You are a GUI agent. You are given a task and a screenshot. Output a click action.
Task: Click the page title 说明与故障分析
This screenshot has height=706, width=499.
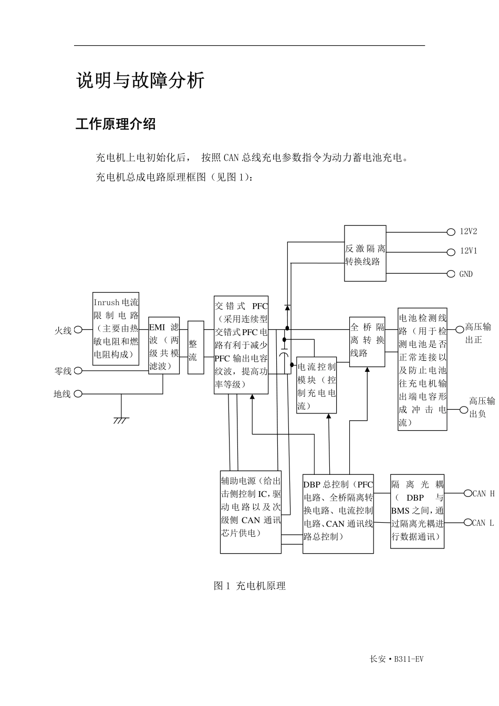click(x=140, y=81)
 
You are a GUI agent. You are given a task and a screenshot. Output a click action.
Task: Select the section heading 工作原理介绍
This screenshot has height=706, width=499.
click(x=116, y=124)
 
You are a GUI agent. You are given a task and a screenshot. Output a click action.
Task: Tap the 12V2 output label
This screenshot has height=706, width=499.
click(x=469, y=231)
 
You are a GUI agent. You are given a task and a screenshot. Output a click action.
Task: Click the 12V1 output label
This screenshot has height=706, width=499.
click(x=469, y=251)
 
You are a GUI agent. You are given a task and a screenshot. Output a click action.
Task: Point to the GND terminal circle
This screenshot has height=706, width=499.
click(x=451, y=274)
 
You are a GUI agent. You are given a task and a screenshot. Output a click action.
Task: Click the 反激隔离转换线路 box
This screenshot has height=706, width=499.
click(x=365, y=255)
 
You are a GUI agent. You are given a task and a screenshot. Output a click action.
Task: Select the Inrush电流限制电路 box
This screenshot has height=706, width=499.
click(x=116, y=329)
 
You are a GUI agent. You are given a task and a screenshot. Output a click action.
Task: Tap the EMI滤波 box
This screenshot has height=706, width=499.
click(x=164, y=346)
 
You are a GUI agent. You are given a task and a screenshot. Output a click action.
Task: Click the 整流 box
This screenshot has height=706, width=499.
click(x=195, y=348)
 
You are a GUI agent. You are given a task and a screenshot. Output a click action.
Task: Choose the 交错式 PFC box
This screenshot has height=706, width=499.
click(x=241, y=345)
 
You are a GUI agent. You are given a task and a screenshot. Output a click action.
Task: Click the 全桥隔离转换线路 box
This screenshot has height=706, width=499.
click(x=367, y=340)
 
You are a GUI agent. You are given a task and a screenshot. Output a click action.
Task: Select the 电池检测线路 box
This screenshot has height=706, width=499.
click(x=422, y=369)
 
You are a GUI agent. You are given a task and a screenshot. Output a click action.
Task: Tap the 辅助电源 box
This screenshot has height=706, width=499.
click(x=251, y=512)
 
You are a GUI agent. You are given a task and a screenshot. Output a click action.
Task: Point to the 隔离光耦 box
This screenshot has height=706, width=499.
click(x=418, y=512)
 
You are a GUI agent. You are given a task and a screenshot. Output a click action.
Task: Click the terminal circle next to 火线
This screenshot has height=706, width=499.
click(x=78, y=330)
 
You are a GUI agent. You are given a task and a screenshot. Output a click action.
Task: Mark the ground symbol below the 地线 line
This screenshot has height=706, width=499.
click(x=121, y=419)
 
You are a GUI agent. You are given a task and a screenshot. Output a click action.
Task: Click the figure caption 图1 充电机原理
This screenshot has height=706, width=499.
click(x=250, y=586)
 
